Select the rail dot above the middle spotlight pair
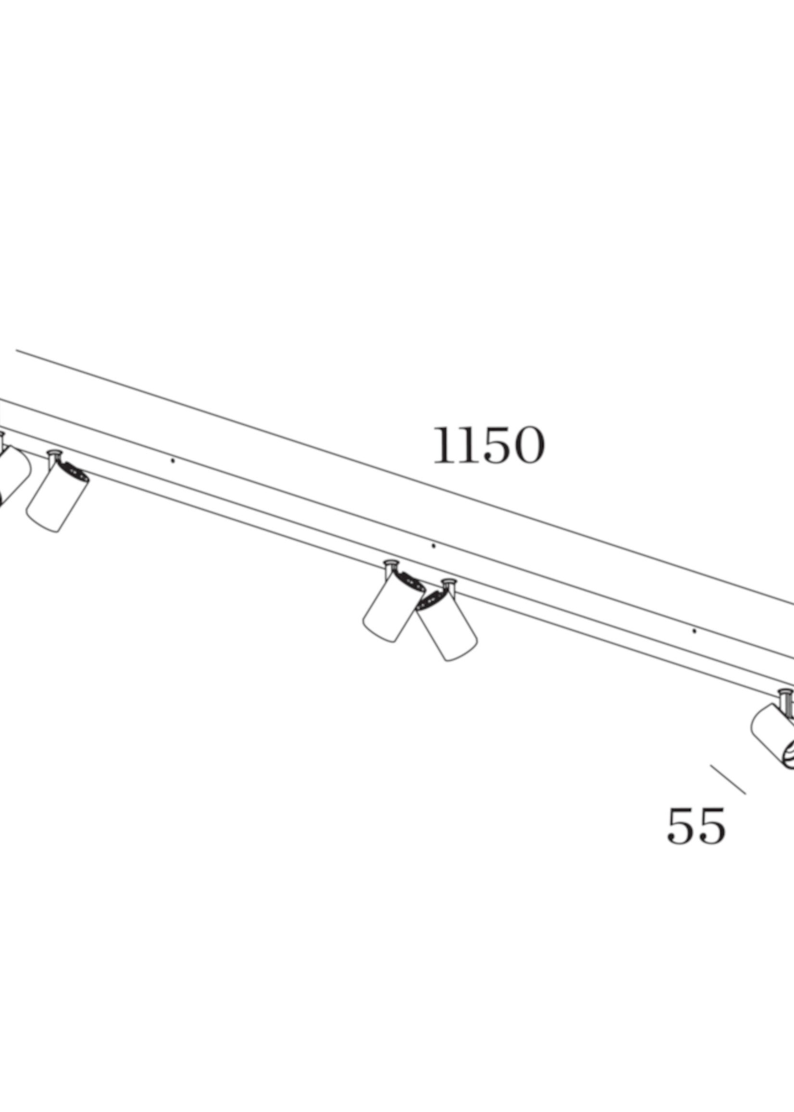click(x=433, y=546)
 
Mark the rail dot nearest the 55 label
click(x=694, y=631)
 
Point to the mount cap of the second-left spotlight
click(x=54, y=452)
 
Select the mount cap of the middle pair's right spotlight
click(x=448, y=582)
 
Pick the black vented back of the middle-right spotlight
click(x=430, y=600)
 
